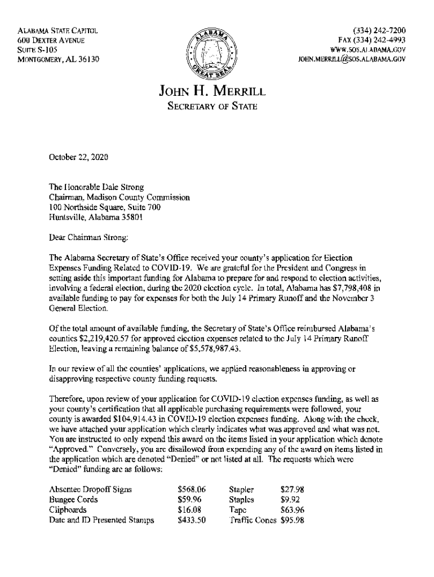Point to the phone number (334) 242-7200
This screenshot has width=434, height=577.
click(x=379, y=30)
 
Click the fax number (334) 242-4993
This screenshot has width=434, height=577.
click(x=372, y=40)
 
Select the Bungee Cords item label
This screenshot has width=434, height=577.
click(x=73, y=500)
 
